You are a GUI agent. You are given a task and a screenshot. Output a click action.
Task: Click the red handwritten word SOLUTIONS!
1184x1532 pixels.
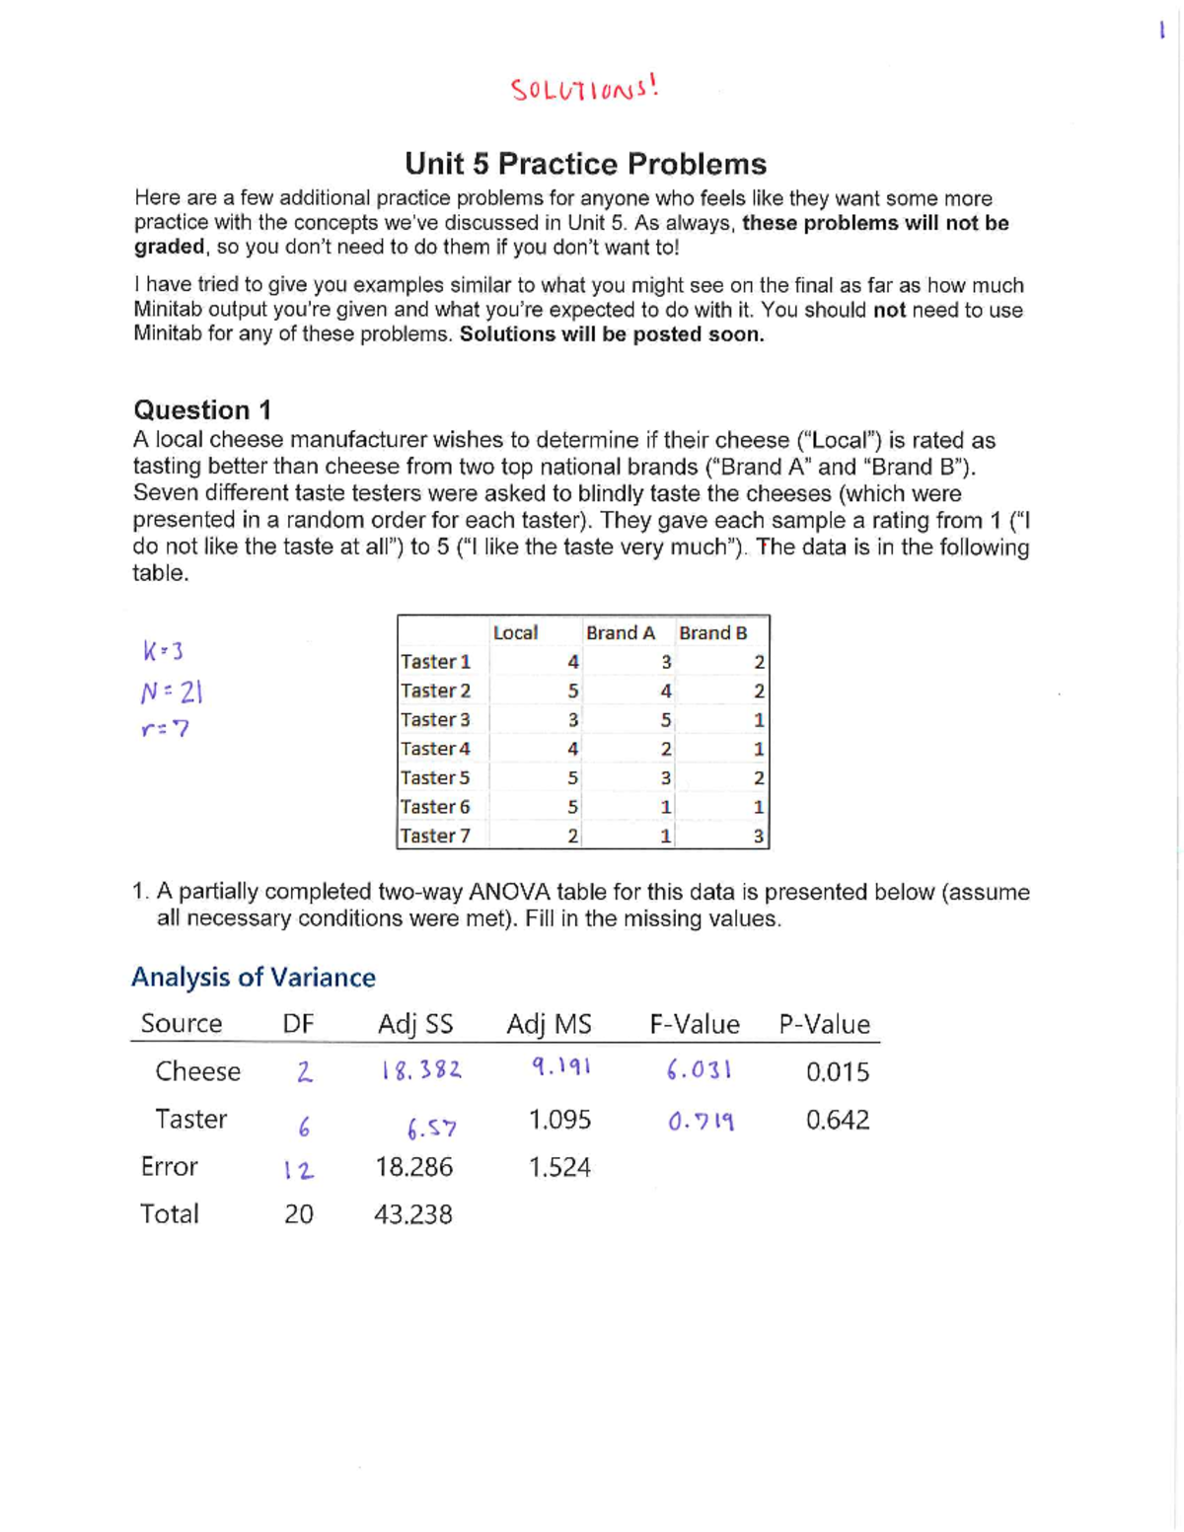point(584,89)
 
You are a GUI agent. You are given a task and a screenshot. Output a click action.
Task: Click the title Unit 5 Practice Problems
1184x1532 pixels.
point(585,164)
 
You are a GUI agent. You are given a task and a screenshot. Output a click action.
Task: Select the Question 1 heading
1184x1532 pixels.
point(202,409)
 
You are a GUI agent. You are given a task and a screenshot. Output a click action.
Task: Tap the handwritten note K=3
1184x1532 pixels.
point(163,651)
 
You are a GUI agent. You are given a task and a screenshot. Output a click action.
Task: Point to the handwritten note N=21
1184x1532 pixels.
point(171,693)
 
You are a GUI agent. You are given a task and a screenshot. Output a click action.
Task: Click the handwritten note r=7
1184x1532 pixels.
point(165,729)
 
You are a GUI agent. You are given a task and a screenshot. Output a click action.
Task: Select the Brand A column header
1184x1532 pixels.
point(620,632)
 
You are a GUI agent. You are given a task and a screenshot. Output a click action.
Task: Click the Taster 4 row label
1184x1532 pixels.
point(435,749)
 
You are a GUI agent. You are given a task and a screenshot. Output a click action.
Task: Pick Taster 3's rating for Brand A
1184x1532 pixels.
point(666,720)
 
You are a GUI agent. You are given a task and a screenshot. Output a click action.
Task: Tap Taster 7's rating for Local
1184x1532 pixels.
point(572,837)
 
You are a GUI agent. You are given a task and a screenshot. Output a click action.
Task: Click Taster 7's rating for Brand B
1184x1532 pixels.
point(758,837)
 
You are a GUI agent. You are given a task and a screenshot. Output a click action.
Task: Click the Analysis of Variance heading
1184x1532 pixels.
point(254,977)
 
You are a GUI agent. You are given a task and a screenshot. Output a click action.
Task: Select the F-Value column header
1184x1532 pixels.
point(694,1024)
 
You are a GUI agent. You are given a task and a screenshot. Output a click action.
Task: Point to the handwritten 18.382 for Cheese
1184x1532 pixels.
point(421,1070)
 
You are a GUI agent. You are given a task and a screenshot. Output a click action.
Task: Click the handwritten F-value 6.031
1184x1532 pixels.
point(699,1070)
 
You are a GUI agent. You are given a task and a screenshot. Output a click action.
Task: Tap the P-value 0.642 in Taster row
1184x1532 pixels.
point(837,1120)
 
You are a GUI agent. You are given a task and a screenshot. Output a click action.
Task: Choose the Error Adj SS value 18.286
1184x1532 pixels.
point(413,1167)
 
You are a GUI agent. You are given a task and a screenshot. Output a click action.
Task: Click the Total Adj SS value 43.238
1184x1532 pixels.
point(412,1214)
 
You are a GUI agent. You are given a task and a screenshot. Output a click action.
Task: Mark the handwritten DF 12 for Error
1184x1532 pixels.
point(299,1170)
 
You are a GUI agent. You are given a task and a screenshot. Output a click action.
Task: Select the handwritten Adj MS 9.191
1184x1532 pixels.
point(560,1066)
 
